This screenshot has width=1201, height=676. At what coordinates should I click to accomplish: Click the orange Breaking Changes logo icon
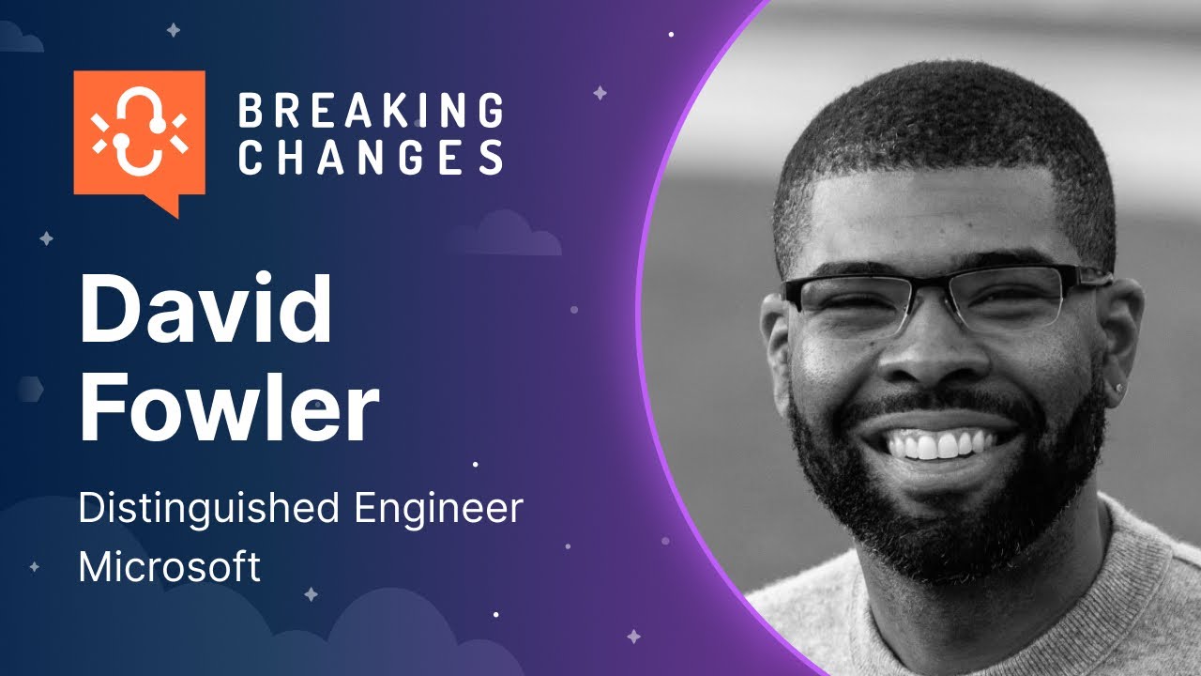pos(139,134)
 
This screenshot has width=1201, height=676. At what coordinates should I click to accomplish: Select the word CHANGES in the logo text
pos(371,157)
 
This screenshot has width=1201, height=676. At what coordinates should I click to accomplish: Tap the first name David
pos(205,311)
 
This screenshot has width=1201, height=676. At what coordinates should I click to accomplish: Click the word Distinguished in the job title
pos(208,509)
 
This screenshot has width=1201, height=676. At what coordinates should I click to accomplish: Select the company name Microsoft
pos(169,567)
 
